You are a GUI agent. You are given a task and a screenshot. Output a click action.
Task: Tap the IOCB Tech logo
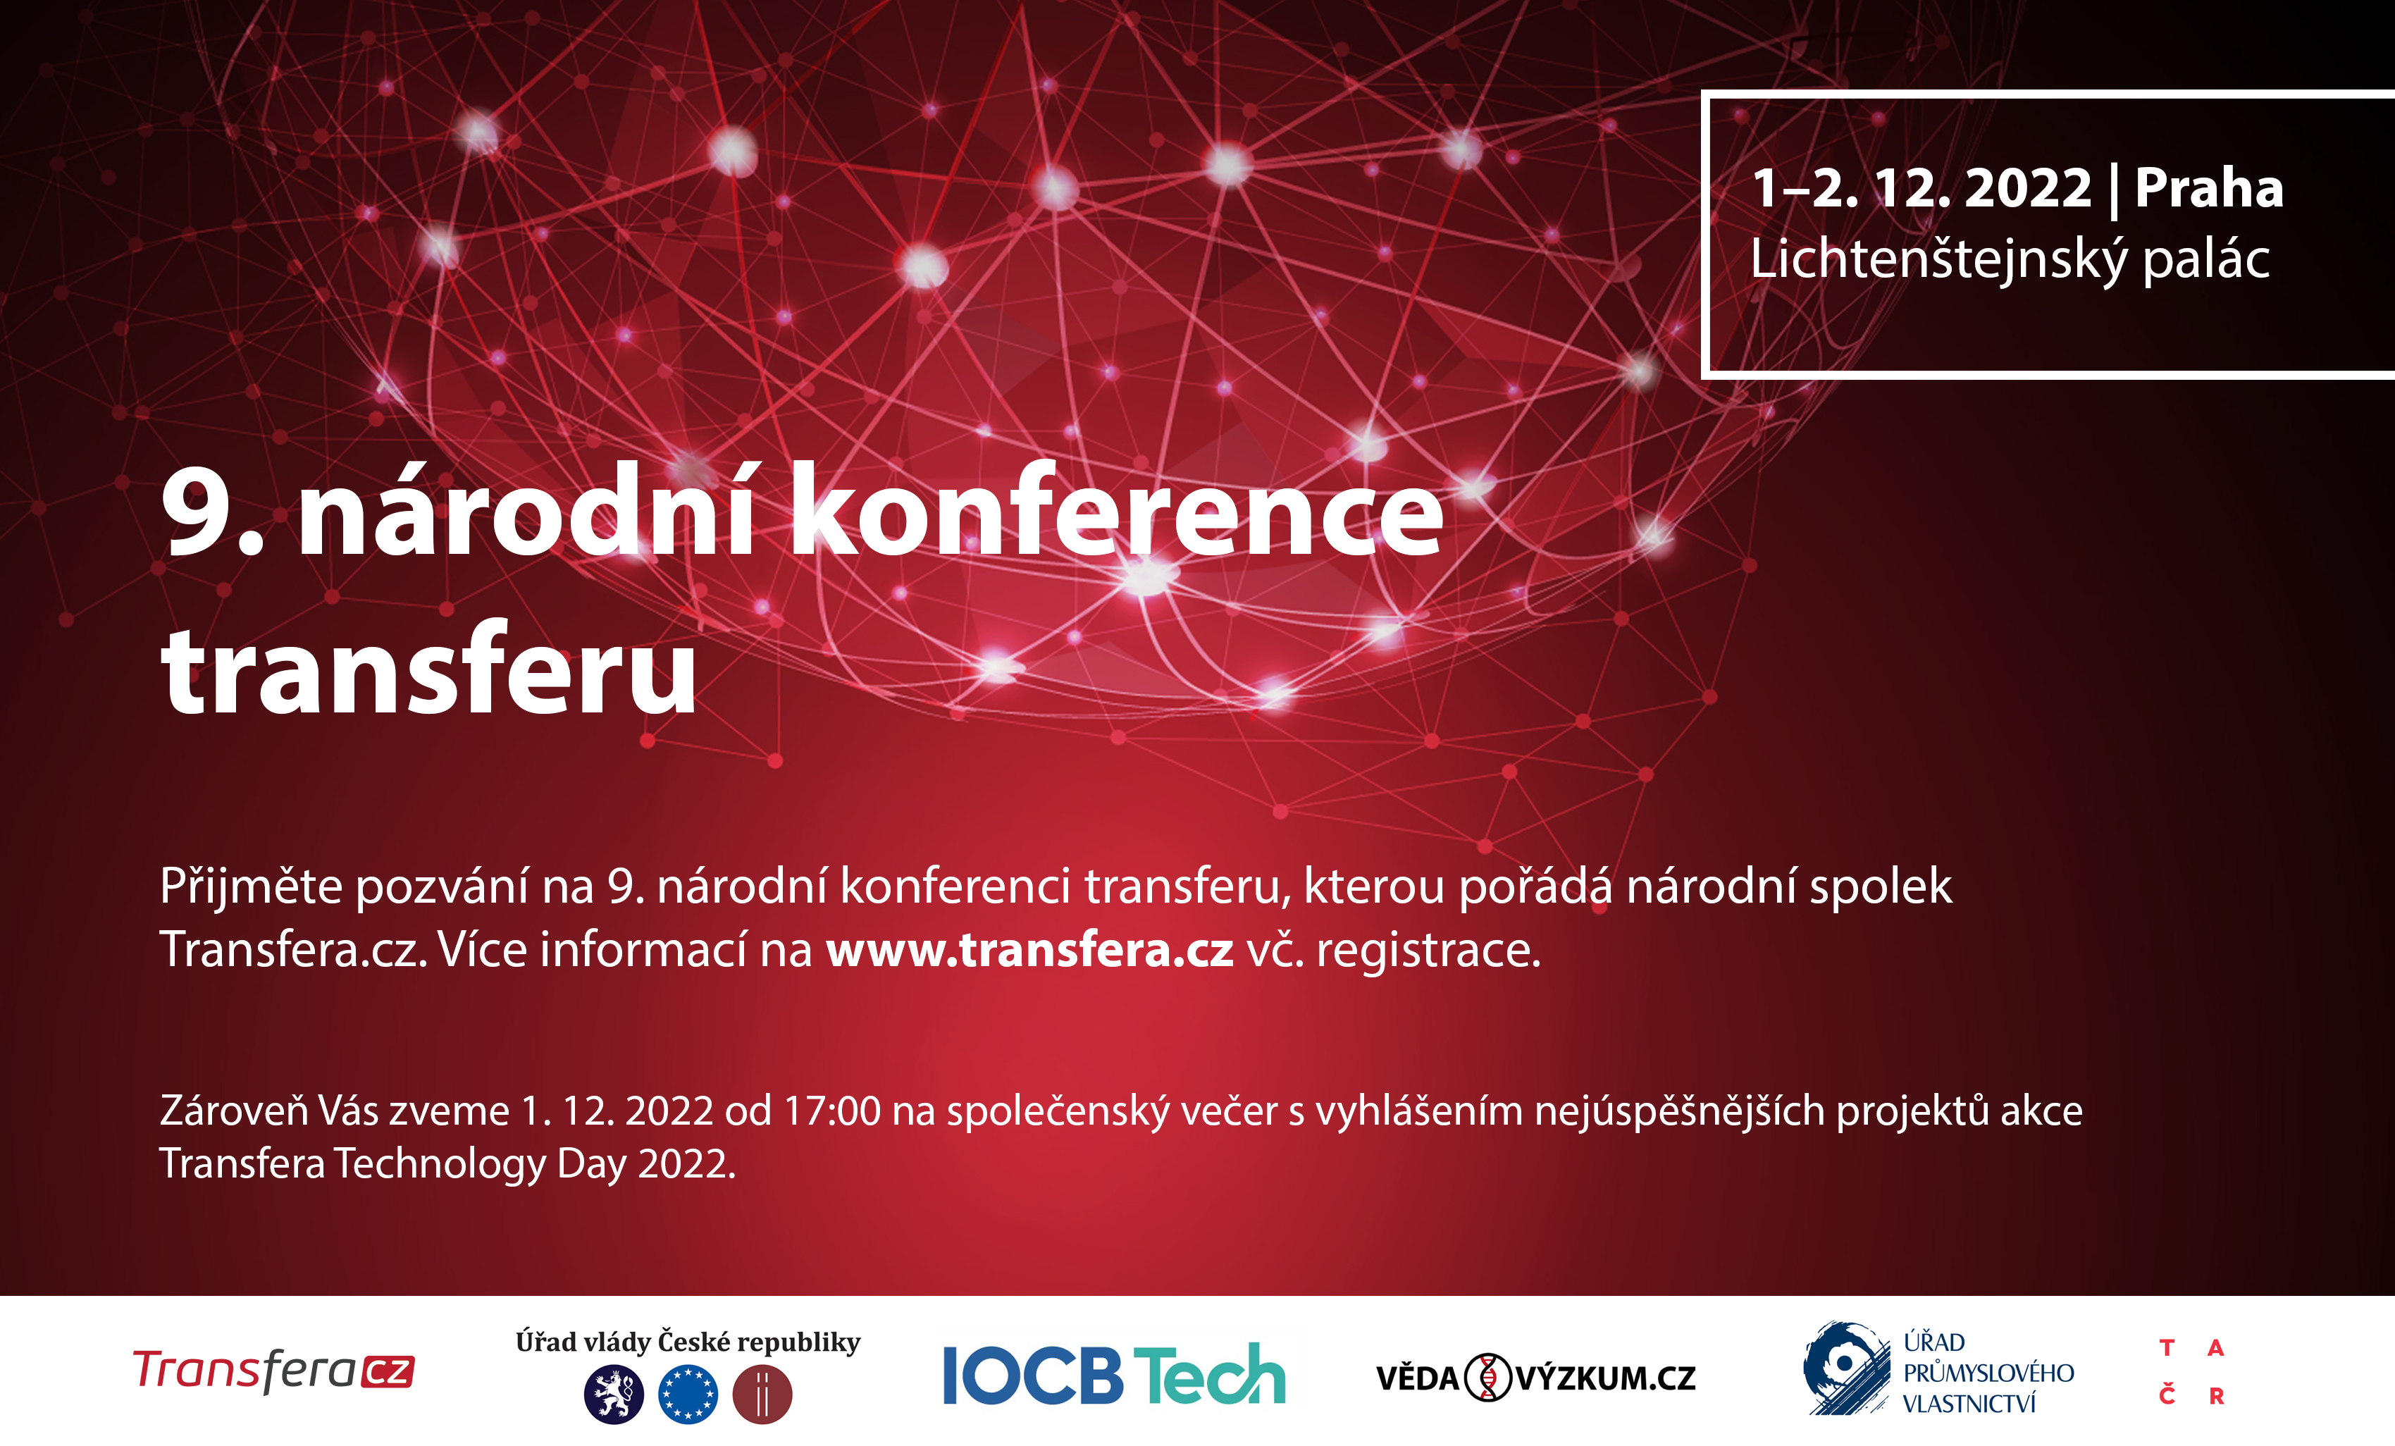[1114, 1374]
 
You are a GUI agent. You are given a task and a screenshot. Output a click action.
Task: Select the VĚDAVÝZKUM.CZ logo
[1536, 1377]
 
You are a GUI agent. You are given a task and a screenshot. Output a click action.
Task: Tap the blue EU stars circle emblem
[688, 1395]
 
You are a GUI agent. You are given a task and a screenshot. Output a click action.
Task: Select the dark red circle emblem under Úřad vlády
[762, 1395]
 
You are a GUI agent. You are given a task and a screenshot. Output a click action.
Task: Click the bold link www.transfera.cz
[1030, 949]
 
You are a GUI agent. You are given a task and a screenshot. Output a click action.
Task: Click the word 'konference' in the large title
[1117, 510]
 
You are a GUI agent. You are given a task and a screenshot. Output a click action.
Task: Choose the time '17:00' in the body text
[832, 1111]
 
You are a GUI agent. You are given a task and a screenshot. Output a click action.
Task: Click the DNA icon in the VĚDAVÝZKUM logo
[1487, 1377]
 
